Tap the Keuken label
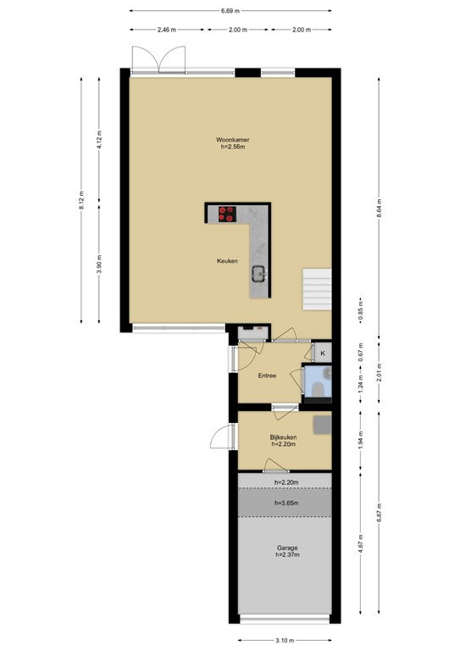click(226, 261)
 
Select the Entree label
click(269, 375)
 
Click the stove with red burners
click(228, 214)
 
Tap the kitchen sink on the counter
click(258, 273)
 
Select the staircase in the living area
click(317, 289)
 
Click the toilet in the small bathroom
click(317, 386)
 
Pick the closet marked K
click(322, 352)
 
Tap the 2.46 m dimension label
click(166, 30)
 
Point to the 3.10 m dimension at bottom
click(284, 640)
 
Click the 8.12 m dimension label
click(81, 199)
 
